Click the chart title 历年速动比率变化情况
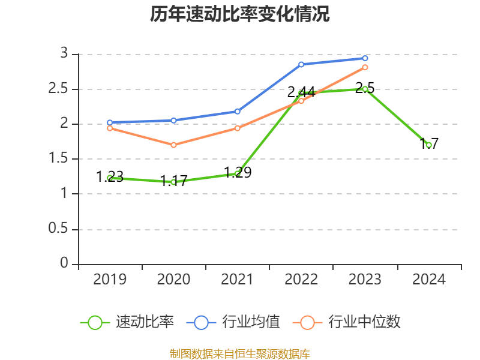point(239,14)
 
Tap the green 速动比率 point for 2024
point(429,145)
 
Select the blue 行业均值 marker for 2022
point(301,64)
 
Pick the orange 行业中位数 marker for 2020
point(173,145)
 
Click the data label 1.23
point(110,177)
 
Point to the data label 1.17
point(174,181)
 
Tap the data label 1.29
point(238,173)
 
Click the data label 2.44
point(301,92)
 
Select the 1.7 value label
point(429,143)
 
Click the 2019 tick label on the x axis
point(110,280)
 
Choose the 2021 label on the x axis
point(238,280)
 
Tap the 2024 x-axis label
point(429,280)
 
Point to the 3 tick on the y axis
point(65,54)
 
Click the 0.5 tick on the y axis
point(59,229)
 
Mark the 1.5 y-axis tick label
point(59,159)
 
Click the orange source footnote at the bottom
point(240,353)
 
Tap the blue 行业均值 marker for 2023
point(365,58)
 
